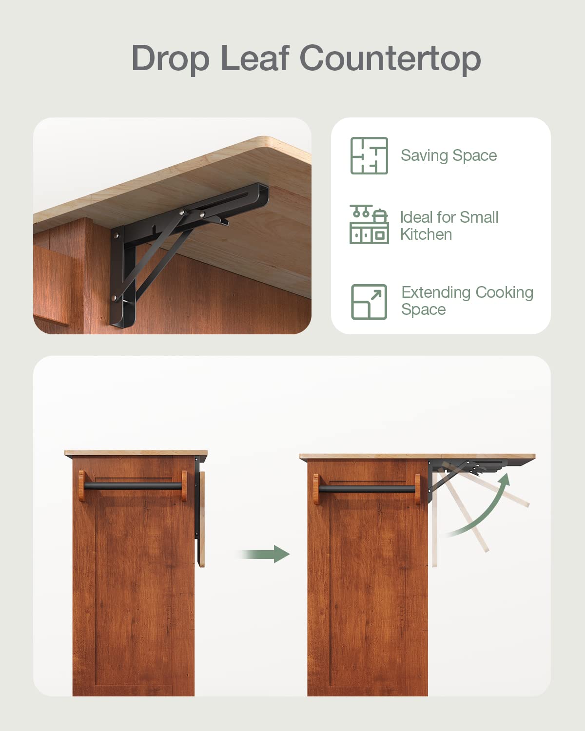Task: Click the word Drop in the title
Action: pos(170,58)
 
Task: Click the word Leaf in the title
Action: pos(254,58)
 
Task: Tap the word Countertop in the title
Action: pos(390,58)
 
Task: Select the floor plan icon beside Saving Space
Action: pos(369,155)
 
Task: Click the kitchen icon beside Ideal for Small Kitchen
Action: pos(369,224)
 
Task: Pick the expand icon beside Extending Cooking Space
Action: pos(369,302)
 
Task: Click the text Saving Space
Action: pos(448,155)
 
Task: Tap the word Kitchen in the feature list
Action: pos(426,234)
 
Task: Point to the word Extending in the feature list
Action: pos(435,292)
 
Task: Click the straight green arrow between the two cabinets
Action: pos(266,554)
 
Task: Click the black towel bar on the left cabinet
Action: pos(133,486)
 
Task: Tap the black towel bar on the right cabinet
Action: pos(367,488)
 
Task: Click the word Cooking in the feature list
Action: pos(504,292)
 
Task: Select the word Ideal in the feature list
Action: pos(416,217)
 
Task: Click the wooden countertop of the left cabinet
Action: pos(136,453)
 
